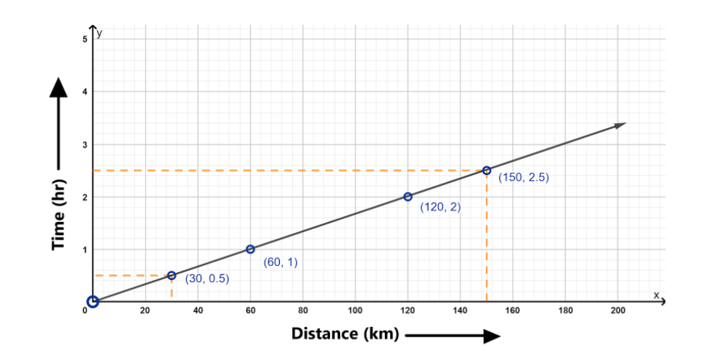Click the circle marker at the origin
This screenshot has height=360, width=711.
93,301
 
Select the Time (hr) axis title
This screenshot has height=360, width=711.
58,215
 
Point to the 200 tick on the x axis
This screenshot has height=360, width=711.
617,311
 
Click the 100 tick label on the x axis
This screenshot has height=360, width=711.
355,311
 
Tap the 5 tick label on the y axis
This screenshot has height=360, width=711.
85,39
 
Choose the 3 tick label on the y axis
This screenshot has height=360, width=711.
85,144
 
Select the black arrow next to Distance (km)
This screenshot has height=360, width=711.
453,335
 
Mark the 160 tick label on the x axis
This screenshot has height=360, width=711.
512,311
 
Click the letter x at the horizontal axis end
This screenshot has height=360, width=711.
656,294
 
